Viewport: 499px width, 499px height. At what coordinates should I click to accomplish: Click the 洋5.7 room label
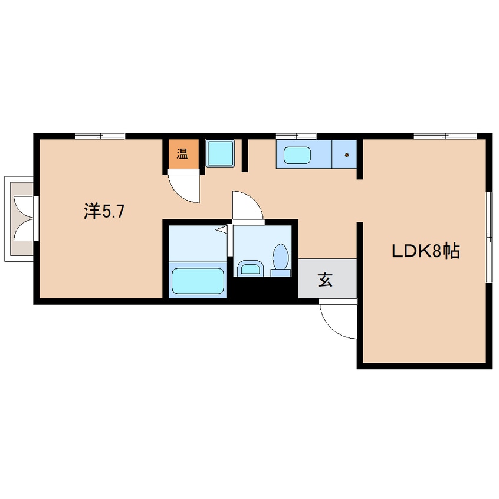click(x=104, y=211)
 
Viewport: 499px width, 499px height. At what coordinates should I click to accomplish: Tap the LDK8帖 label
click(x=425, y=251)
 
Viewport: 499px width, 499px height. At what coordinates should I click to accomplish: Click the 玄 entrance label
click(x=325, y=280)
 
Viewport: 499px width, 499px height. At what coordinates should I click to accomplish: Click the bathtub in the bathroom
click(x=198, y=281)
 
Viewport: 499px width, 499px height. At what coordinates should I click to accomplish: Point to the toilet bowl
click(x=280, y=257)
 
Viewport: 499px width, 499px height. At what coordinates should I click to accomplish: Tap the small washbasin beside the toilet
click(x=251, y=268)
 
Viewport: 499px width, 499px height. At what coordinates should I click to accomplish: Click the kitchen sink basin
click(x=297, y=155)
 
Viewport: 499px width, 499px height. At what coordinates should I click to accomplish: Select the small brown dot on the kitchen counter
click(x=347, y=155)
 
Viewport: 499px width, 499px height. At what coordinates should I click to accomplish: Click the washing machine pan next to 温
click(x=220, y=153)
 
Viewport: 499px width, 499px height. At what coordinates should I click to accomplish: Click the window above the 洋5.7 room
click(x=100, y=136)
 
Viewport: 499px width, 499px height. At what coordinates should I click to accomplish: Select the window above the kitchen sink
click(x=296, y=136)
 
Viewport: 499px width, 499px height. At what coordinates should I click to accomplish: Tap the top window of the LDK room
click(x=445, y=136)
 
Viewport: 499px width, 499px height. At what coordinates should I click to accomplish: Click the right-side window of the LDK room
click(x=489, y=237)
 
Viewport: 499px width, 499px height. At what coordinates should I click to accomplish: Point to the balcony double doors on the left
click(x=24, y=219)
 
